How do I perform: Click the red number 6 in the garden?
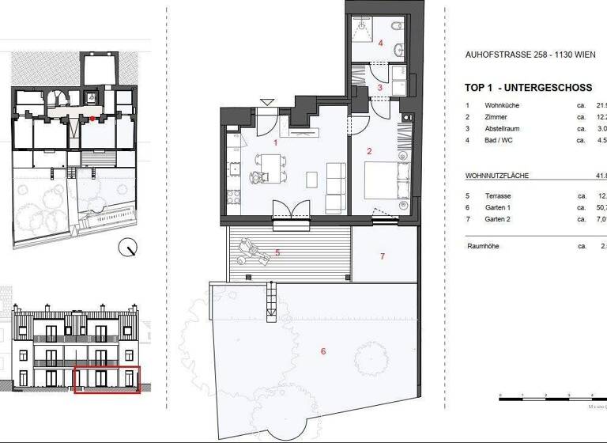pyautogui.click(x=322, y=351)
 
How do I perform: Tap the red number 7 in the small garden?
pyautogui.click(x=382, y=256)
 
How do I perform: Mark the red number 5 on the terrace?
pyautogui.click(x=277, y=253)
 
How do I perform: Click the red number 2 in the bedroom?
pyautogui.click(x=368, y=150)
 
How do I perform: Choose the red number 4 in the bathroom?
pyautogui.click(x=380, y=44)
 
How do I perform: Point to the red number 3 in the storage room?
pyautogui.click(x=379, y=88)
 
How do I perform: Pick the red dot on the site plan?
pyautogui.click(x=93, y=119)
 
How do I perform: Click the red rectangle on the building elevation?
pyautogui.click(x=106, y=379)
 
